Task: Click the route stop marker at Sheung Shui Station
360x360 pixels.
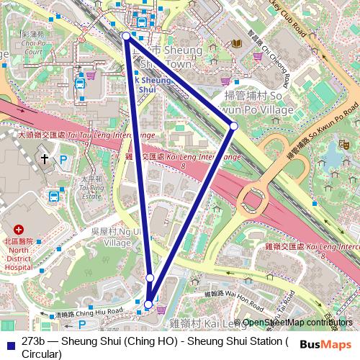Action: point(126,35)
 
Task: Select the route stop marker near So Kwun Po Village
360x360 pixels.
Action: point(233,127)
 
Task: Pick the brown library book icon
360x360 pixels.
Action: point(237,45)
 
